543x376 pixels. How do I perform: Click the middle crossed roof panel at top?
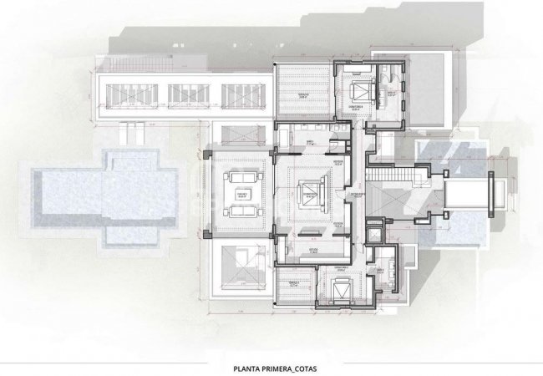(x=186, y=93)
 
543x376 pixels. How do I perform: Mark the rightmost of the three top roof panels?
(x=241, y=93)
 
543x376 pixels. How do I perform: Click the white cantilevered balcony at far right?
(x=469, y=196)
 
